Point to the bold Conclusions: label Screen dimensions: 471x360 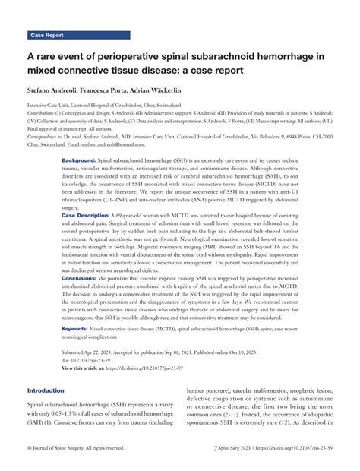coord(82,279)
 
